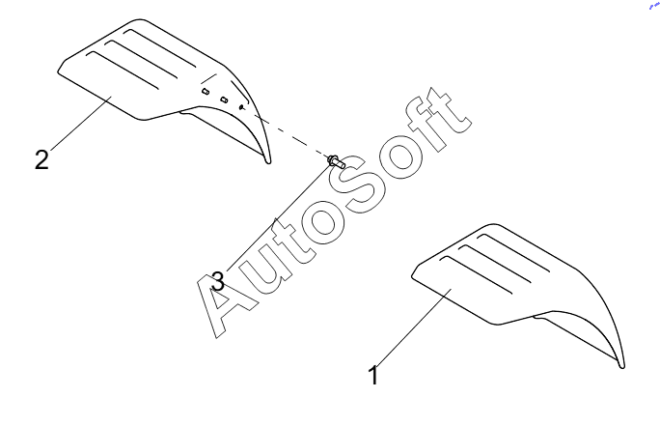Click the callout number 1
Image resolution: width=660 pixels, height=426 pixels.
pyautogui.click(x=373, y=374)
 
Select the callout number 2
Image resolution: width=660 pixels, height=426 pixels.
pyautogui.click(x=41, y=158)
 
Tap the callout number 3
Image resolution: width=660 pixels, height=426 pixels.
pyautogui.click(x=217, y=281)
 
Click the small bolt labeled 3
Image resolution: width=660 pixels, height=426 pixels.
pyautogui.click(x=336, y=161)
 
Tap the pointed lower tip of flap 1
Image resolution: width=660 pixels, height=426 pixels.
pyautogui.click(x=623, y=365)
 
